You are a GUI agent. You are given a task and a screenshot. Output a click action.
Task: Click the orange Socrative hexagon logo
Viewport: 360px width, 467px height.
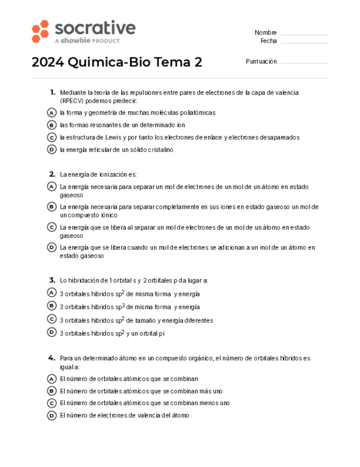click(x=41, y=31)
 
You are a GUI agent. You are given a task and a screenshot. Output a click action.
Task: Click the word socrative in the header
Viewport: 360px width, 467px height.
click(x=95, y=28)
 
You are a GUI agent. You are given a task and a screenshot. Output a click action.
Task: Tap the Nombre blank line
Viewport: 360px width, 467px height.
click(x=304, y=34)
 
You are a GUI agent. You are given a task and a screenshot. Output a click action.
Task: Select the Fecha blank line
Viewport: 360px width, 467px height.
click(x=304, y=42)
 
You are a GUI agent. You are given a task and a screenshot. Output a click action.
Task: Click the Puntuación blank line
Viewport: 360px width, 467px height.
click(x=304, y=63)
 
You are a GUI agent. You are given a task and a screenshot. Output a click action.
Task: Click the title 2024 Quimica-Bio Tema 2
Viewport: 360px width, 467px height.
click(x=117, y=62)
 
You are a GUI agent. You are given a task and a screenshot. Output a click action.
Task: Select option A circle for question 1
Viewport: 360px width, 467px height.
click(x=52, y=112)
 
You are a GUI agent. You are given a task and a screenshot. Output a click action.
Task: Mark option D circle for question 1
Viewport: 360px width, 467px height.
click(x=52, y=149)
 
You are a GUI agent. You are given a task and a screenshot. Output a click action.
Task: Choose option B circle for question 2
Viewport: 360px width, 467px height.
click(x=52, y=207)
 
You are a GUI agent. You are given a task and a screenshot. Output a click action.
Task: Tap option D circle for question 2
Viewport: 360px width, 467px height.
click(x=52, y=247)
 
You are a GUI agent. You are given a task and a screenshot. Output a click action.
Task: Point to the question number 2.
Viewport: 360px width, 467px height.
click(x=52, y=174)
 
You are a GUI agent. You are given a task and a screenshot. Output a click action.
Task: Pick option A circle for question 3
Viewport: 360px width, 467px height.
click(x=52, y=293)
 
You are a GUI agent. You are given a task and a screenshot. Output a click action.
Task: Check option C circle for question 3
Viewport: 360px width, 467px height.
click(x=52, y=319)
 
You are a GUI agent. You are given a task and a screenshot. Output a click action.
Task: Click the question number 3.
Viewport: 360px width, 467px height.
click(x=52, y=280)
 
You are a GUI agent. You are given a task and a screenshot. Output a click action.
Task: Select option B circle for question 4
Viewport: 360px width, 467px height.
click(x=52, y=391)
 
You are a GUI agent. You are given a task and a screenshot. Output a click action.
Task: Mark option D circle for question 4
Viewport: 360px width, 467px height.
click(x=52, y=415)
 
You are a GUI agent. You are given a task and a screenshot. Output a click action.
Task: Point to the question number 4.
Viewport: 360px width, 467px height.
click(x=52, y=358)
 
